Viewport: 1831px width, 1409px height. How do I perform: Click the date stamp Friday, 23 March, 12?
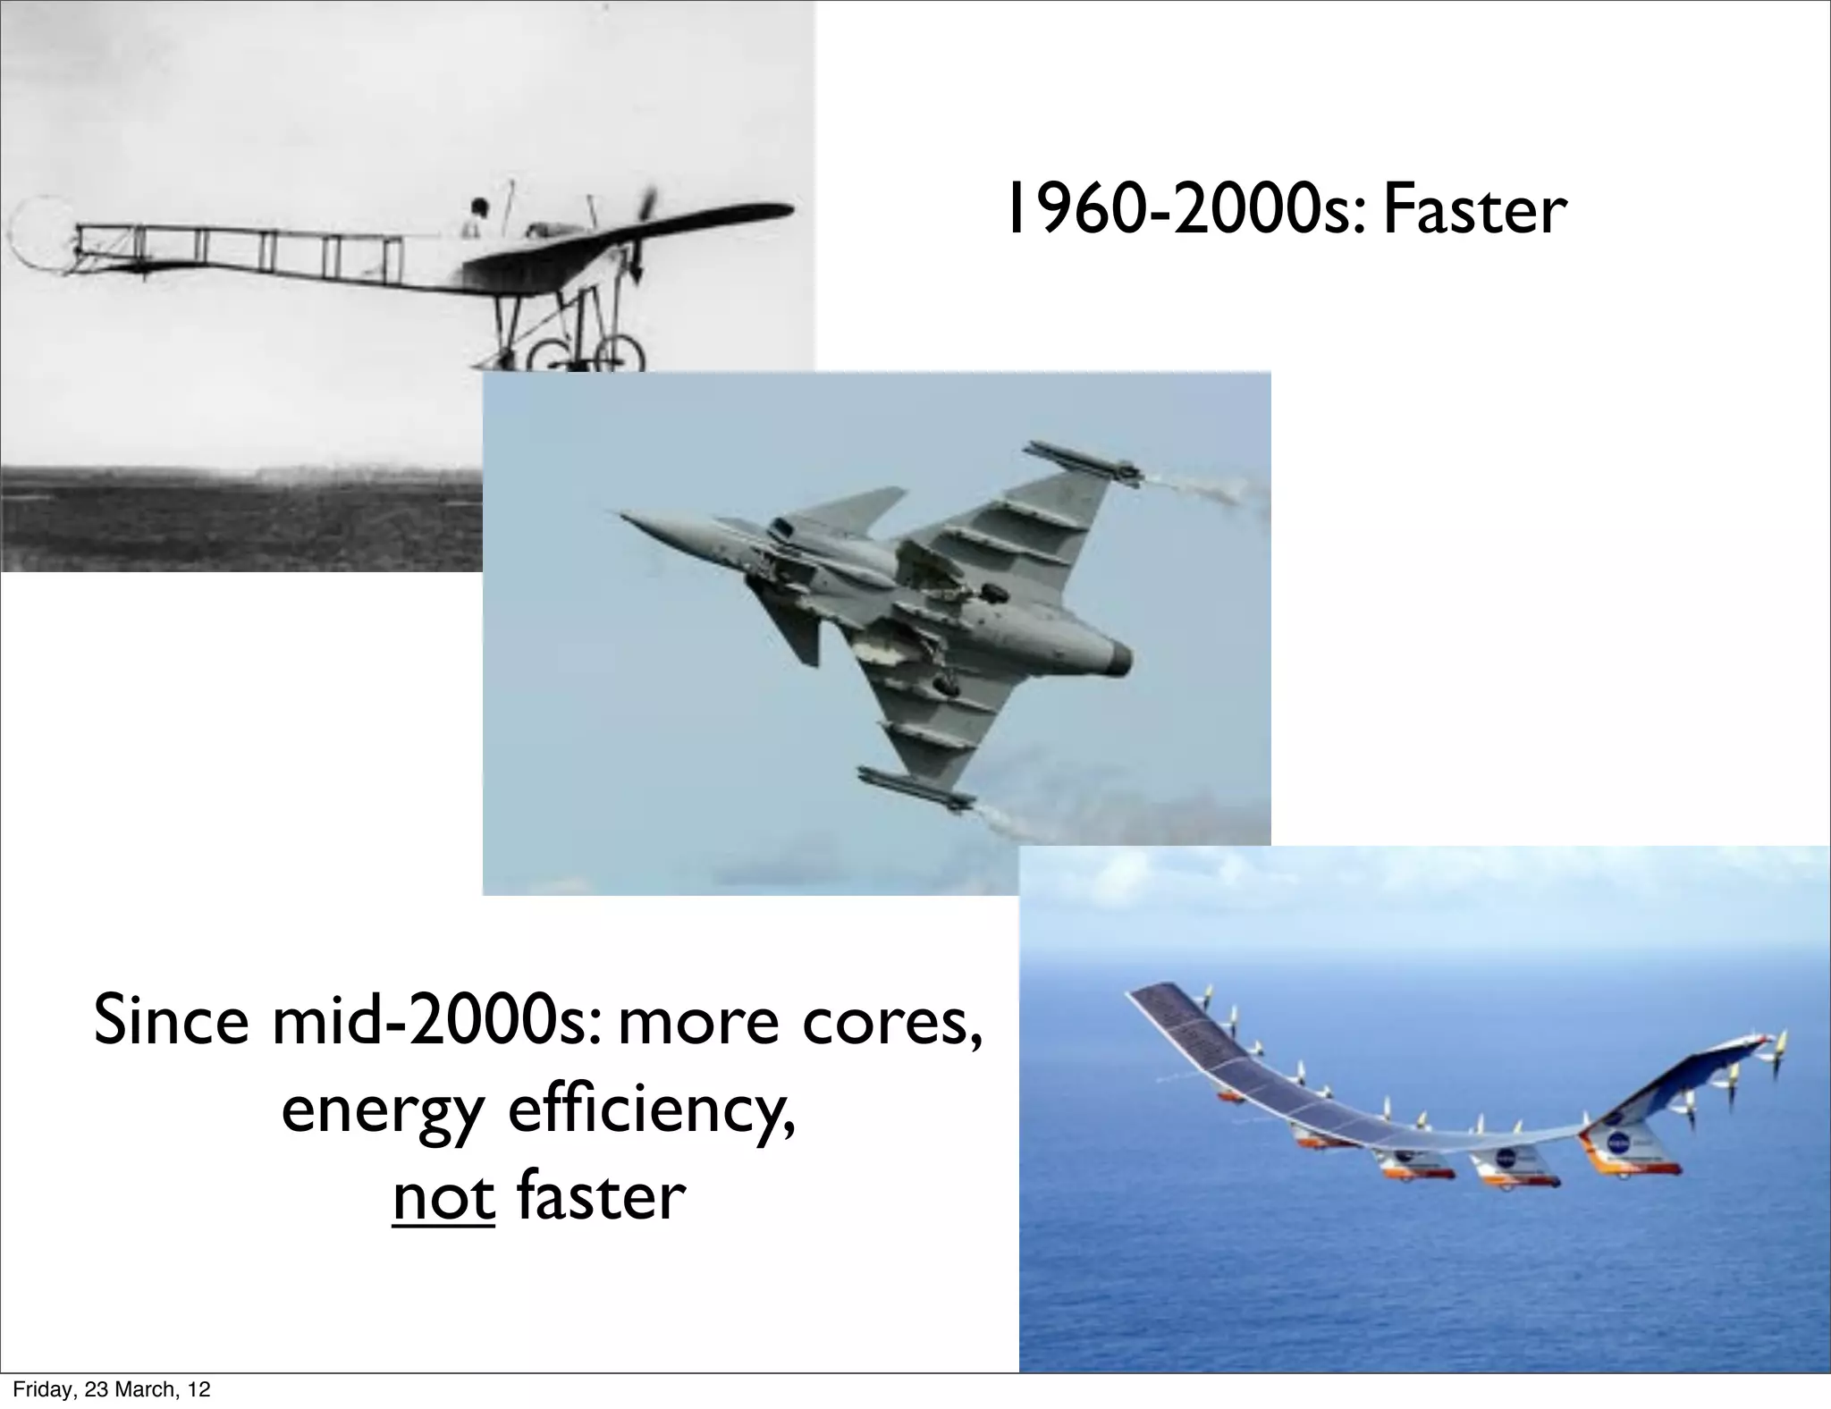[x=111, y=1389]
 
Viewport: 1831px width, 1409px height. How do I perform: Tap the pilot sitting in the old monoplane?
[x=477, y=217]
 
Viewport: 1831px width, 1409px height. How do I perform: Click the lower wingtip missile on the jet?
[x=916, y=787]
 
